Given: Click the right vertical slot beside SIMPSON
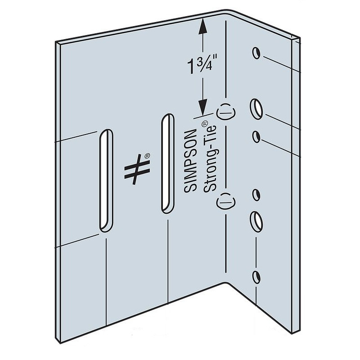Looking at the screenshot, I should pos(167,163).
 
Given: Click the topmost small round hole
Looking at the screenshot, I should pos(256,53).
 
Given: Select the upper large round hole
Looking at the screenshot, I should pos(257,108).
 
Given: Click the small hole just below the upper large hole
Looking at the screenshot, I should pos(257,136).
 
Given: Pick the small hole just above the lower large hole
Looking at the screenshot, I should pos(256,195).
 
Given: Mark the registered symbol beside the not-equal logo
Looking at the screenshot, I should pos(147,156).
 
